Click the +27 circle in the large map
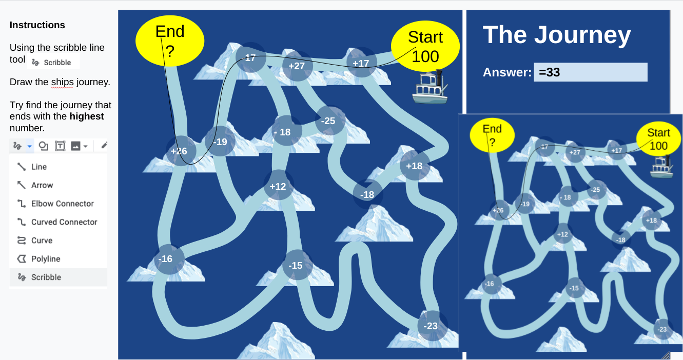tap(297, 66)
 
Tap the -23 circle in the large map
tap(431, 326)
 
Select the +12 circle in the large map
tap(278, 186)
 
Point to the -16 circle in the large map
tap(166, 259)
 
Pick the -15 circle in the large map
tap(296, 265)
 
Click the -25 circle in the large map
tap(328, 121)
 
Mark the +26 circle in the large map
tap(179, 151)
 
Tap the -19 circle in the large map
tap(220, 142)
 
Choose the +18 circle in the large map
tap(414, 166)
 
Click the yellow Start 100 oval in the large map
tap(425, 47)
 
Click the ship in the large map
tap(430, 89)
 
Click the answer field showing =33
tap(591, 72)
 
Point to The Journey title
tap(557, 35)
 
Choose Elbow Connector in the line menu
tap(62, 204)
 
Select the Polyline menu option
tap(46, 259)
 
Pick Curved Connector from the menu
tap(64, 222)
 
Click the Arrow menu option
tap(42, 185)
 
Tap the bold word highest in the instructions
tap(87, 116)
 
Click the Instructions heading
tap(37, 25)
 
